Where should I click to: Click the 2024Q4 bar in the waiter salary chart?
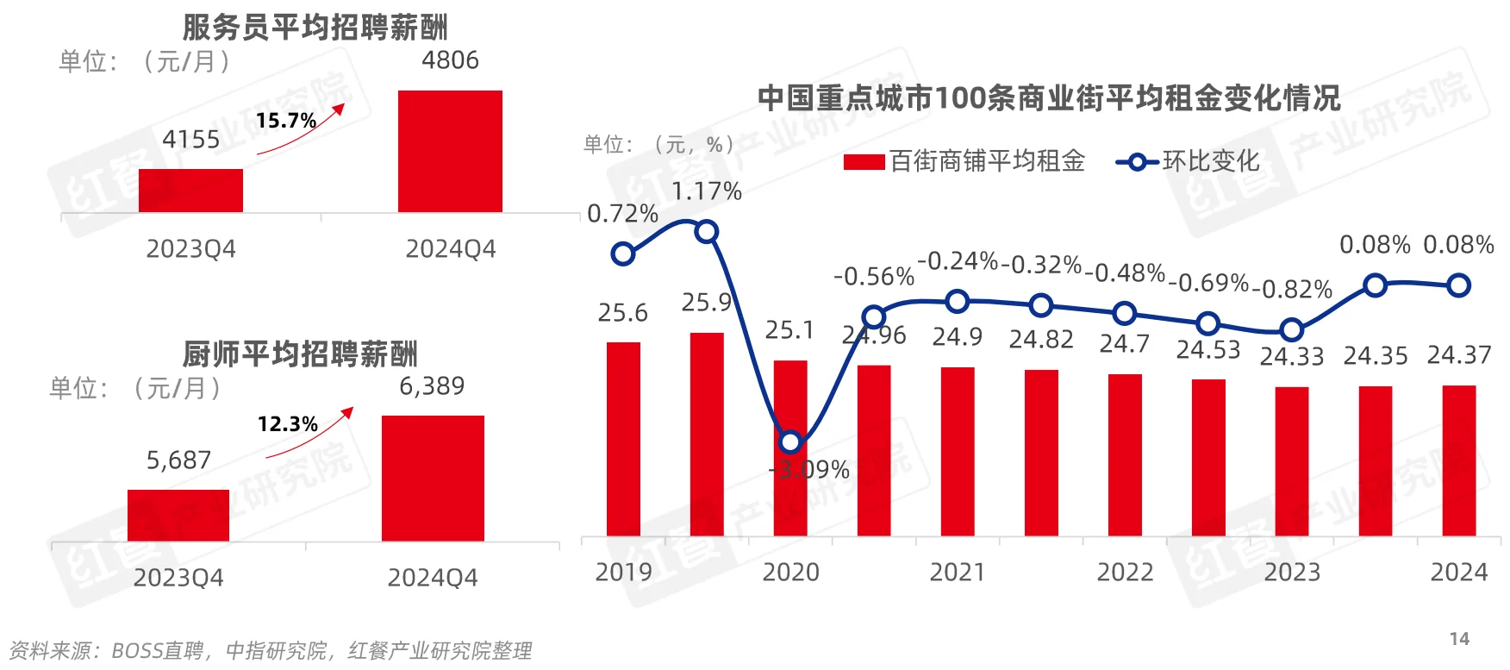[x=450, y=151]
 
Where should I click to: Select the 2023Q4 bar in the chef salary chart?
[x=178, y=515]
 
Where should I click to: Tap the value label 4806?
[x=450, y=60]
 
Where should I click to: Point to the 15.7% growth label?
[x=286, y=121]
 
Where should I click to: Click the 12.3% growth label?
[x=288, y=424]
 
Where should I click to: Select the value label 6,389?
[x=432, y=386]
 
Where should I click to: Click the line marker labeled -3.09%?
[x=790, y=442]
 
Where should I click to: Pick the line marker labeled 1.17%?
[x=706, y=231]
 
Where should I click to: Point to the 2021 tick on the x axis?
[x=958, y=572]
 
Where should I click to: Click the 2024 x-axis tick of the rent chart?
[x=1459, y=572]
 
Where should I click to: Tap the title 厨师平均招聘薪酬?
[x=300, y=354]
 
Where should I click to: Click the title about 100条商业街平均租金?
[x=1049, y=98]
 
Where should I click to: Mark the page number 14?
[x=1459, y=639]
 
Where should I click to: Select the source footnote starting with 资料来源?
[x=270, y=650]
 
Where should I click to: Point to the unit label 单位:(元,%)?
[x=659, y=144]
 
